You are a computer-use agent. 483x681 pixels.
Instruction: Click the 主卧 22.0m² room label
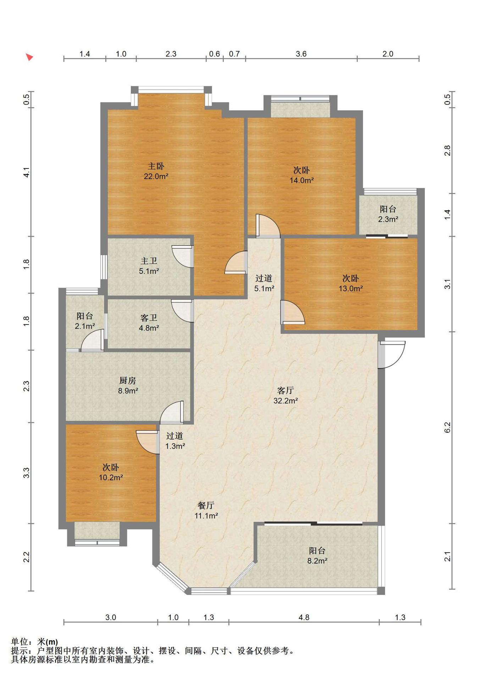(156, 171)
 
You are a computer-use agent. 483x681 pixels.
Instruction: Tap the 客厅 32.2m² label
(285, 395)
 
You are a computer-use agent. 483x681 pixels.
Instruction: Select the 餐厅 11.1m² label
(206, 510)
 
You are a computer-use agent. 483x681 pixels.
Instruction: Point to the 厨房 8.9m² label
(128, 386)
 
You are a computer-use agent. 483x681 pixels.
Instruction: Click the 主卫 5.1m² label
(149, 266)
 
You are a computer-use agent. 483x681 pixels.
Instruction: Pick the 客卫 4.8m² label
(149, 323)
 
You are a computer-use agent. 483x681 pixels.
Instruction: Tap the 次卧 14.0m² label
(301, 175)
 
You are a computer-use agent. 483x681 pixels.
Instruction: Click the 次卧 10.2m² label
(111, 472)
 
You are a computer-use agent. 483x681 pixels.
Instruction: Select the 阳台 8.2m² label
(317, 556)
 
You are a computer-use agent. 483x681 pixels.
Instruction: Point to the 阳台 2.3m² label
(388, 214)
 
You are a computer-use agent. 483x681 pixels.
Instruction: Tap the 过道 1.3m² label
(175, 441)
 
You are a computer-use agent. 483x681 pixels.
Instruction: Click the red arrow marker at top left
(29, 57)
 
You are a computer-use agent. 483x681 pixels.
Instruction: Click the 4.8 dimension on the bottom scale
(304, 618)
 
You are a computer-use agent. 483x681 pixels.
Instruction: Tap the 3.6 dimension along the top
(301, 54)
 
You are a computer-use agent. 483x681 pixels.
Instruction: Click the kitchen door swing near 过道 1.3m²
(172, 412)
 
